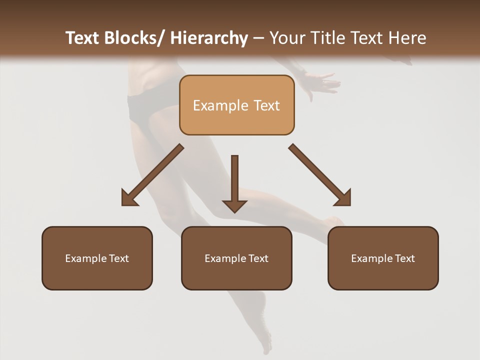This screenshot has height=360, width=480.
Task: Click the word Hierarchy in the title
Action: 209,38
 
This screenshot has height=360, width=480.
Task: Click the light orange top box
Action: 236,105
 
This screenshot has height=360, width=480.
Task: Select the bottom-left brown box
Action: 97,258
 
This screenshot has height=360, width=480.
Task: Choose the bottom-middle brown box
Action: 236,258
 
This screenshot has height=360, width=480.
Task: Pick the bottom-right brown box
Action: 383,258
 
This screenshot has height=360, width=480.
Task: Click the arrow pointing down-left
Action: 152,175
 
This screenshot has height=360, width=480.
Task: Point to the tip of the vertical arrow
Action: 234,211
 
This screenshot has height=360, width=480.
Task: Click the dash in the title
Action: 258,38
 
